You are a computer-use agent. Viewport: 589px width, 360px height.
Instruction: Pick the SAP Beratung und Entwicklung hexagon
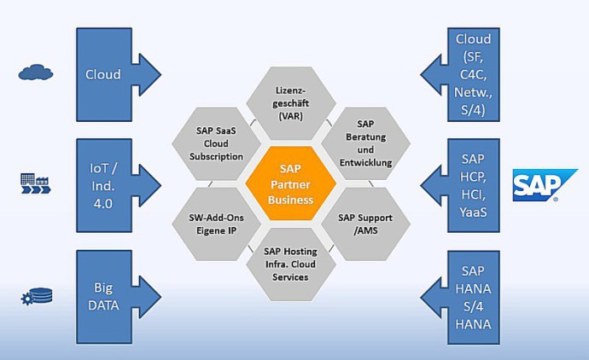[365, 143]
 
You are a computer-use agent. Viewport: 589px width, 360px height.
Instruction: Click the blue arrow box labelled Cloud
[105, 74]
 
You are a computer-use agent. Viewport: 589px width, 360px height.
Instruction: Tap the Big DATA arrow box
[105, 295]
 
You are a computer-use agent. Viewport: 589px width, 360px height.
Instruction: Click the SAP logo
[542, 185]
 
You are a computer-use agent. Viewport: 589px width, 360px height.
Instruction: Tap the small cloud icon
[36, 73]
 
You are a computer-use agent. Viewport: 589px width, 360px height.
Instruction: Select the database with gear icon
[37, 297]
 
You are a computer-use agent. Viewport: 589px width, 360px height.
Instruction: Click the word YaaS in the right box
[473, 212]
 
